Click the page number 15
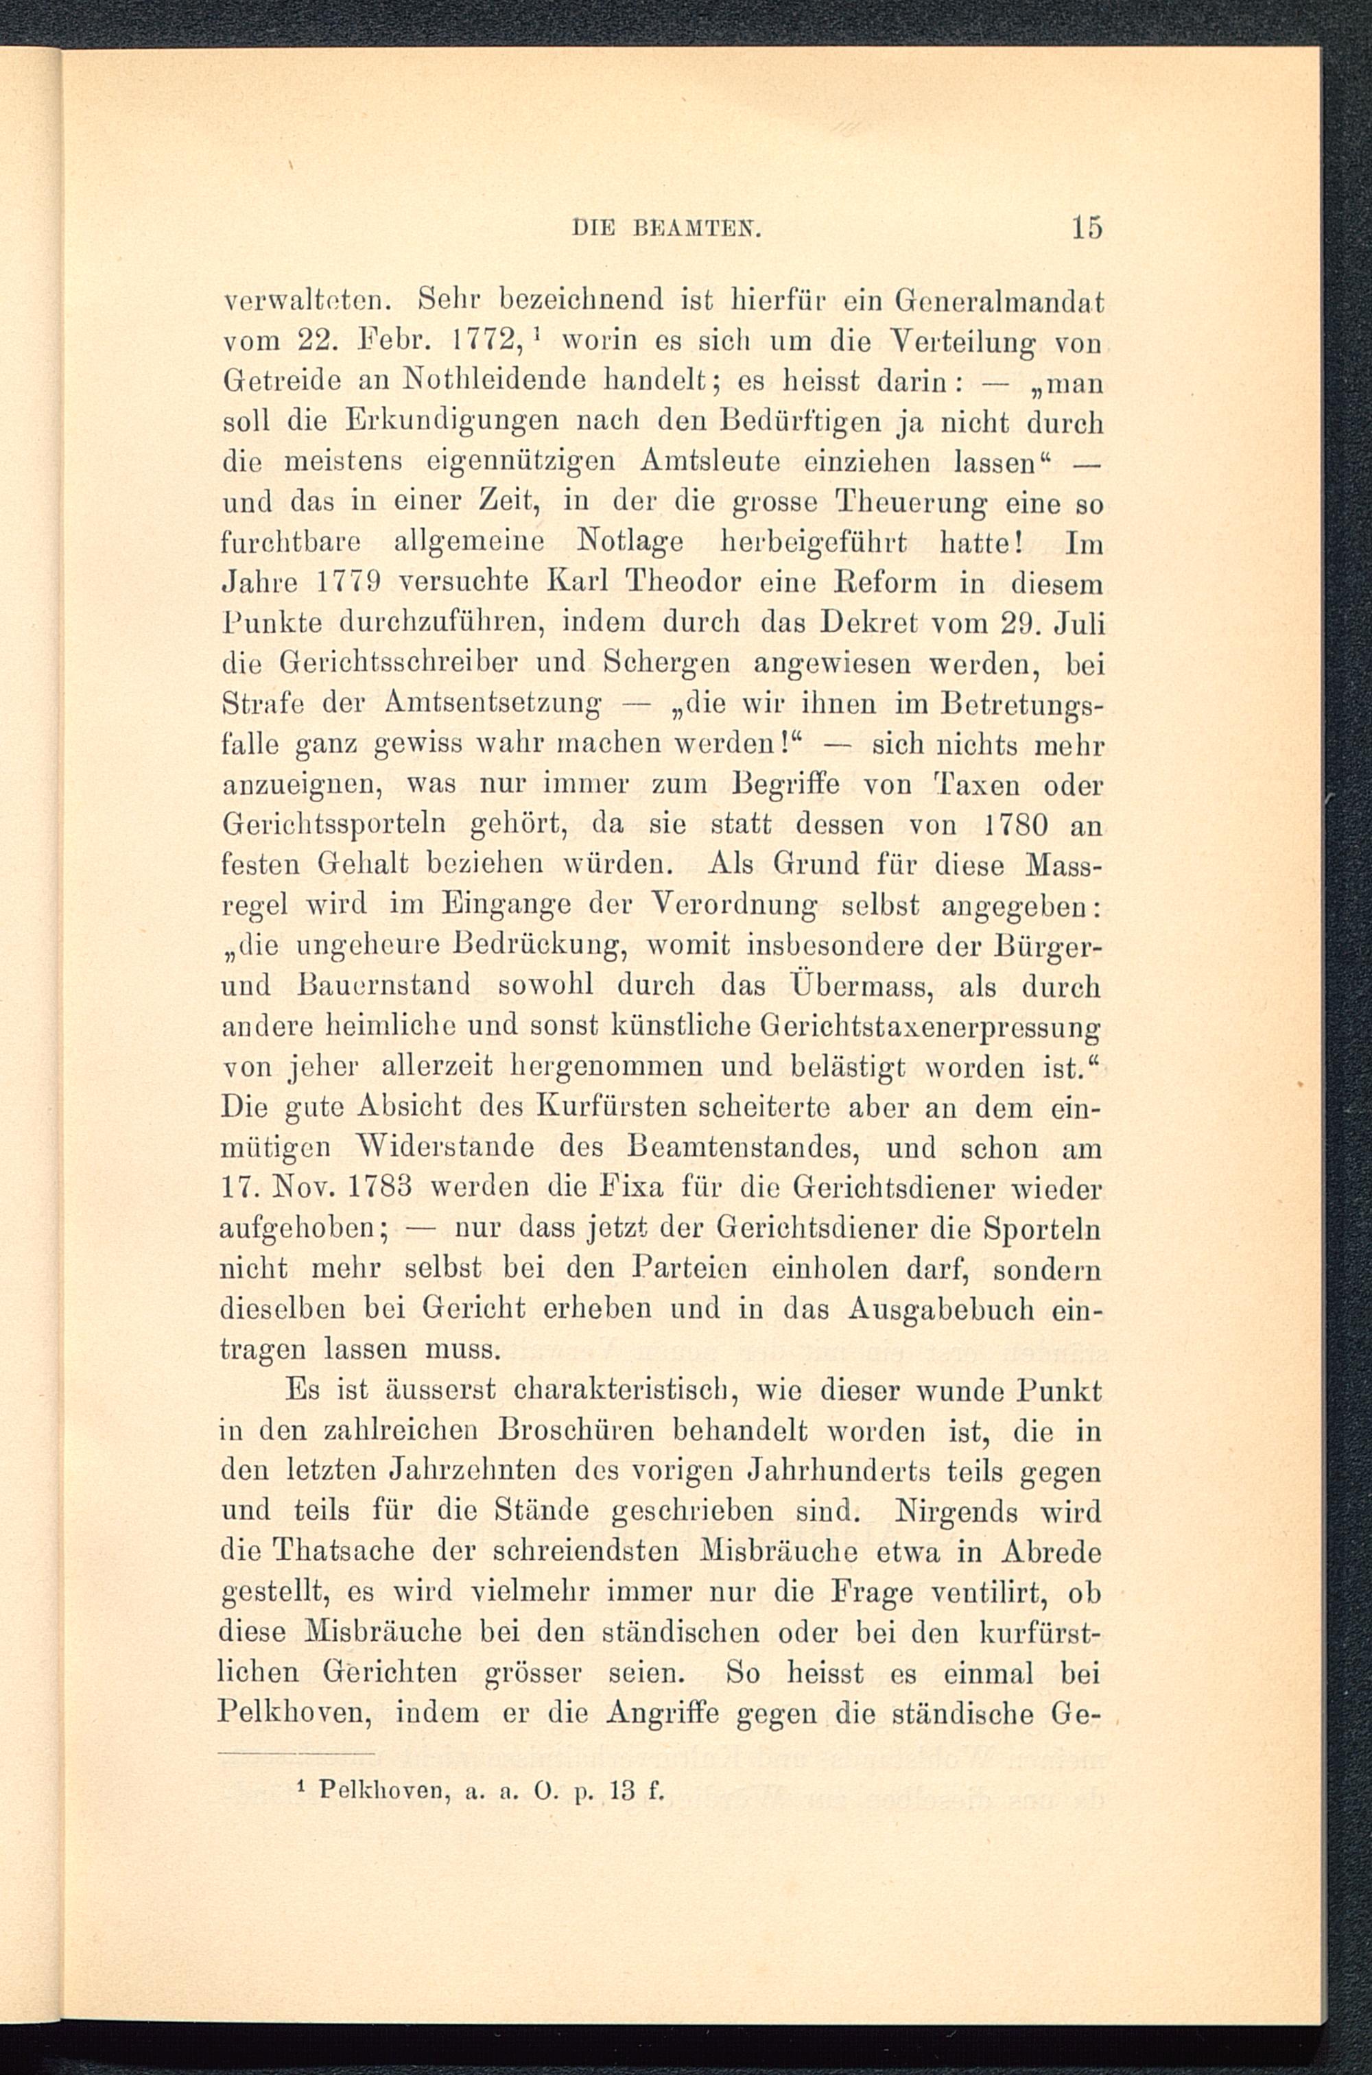[1084, 228]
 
